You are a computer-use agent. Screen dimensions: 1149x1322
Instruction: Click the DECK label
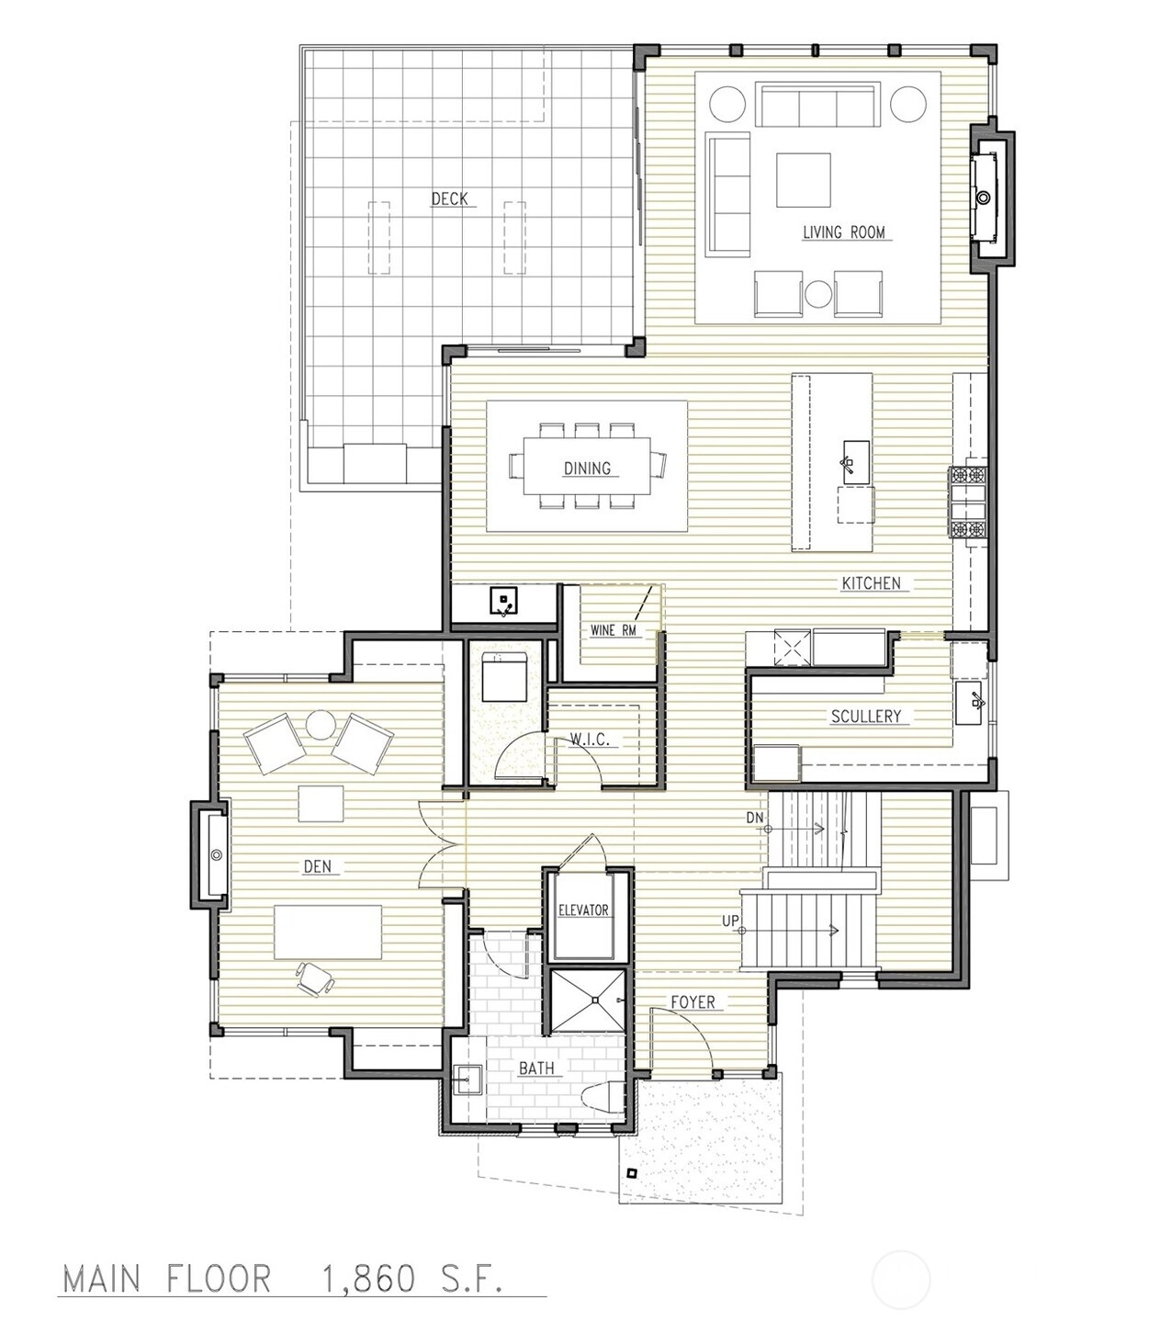pos(449,198)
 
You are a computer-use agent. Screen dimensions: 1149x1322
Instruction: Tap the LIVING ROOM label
pos(843,232)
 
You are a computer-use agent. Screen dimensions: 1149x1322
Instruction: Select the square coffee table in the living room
pos(804,180)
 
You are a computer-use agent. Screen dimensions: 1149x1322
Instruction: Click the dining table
pos(587,466)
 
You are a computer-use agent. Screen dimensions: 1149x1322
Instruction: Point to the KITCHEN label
pos(871,583)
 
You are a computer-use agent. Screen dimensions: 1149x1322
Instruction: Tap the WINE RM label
pos(613,630)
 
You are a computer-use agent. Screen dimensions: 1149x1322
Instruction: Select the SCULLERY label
pos(865,716)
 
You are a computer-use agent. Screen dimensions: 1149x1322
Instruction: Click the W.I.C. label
pos(590,740)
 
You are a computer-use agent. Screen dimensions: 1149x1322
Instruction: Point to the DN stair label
pos(754,818)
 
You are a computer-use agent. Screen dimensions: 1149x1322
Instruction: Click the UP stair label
pos(730,921)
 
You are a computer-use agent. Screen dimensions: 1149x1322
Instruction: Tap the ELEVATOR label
pos(583,910)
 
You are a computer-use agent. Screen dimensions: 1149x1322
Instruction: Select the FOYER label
pos(693,1002)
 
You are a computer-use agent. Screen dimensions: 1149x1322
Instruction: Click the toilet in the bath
pos(602,1098)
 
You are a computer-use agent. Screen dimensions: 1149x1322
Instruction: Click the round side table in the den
pos(320,725)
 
